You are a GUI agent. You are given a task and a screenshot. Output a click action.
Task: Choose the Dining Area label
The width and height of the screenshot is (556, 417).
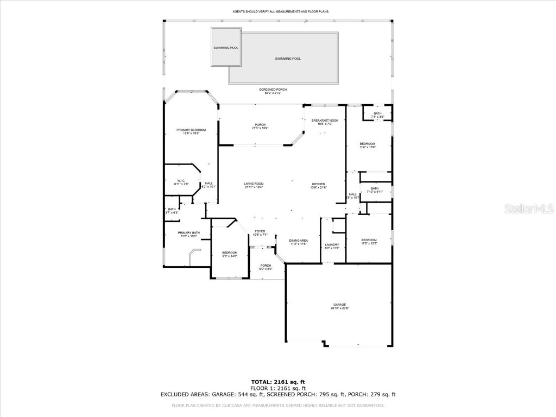coord(299,242)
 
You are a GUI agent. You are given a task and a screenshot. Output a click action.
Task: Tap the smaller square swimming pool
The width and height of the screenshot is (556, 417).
coord(226,48)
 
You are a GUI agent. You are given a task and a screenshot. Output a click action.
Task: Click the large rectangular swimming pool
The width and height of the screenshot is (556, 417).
coord(288,58)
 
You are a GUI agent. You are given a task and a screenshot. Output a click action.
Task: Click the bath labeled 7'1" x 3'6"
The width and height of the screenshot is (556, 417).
coord(377,115)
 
